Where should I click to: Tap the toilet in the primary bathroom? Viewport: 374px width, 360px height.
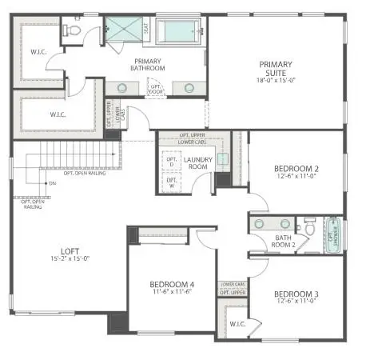(74, 30)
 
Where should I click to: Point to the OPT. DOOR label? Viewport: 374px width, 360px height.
(156, 89)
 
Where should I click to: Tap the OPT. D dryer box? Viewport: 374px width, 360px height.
(170, 162)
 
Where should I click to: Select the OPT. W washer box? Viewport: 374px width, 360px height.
(170, 183)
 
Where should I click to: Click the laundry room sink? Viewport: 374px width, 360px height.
(224, 158)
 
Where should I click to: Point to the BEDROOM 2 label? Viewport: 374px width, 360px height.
(296, 169)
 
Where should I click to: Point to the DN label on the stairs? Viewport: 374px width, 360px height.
(53, 184)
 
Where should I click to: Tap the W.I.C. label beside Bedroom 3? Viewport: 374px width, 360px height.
(236, 324)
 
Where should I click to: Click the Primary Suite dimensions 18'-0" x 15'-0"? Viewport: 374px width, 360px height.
(275, 80)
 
